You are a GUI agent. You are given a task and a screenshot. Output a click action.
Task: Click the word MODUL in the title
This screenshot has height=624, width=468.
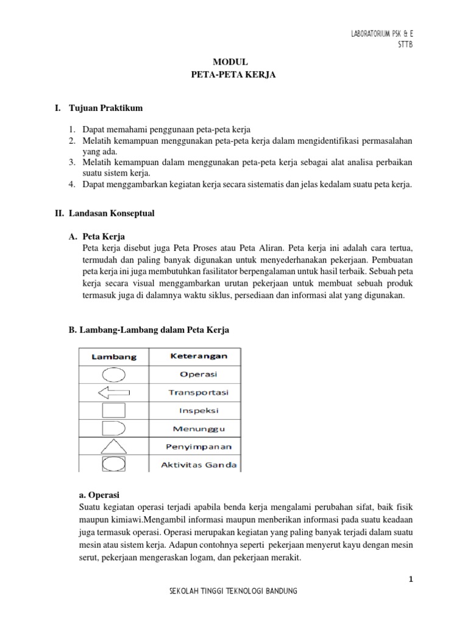coord(231,62)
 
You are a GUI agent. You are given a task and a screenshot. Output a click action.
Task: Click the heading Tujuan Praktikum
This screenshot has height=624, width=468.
coord(107,108)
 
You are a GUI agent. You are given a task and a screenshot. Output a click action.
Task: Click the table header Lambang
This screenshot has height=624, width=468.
coord(114,356)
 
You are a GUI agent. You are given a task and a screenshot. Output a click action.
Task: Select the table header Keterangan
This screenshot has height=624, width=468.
coord(195,355)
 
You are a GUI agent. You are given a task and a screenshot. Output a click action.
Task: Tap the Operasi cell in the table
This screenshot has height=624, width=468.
coord(195,374)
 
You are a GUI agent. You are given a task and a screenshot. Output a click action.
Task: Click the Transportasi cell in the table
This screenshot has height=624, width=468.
coord(195,392)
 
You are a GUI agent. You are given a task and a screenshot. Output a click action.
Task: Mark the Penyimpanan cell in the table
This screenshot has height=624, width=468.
coord(195,447)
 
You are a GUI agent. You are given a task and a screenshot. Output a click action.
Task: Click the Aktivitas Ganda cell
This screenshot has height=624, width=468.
coord(195,465)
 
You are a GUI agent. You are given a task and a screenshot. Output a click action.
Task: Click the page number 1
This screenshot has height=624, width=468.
coord(411,580)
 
